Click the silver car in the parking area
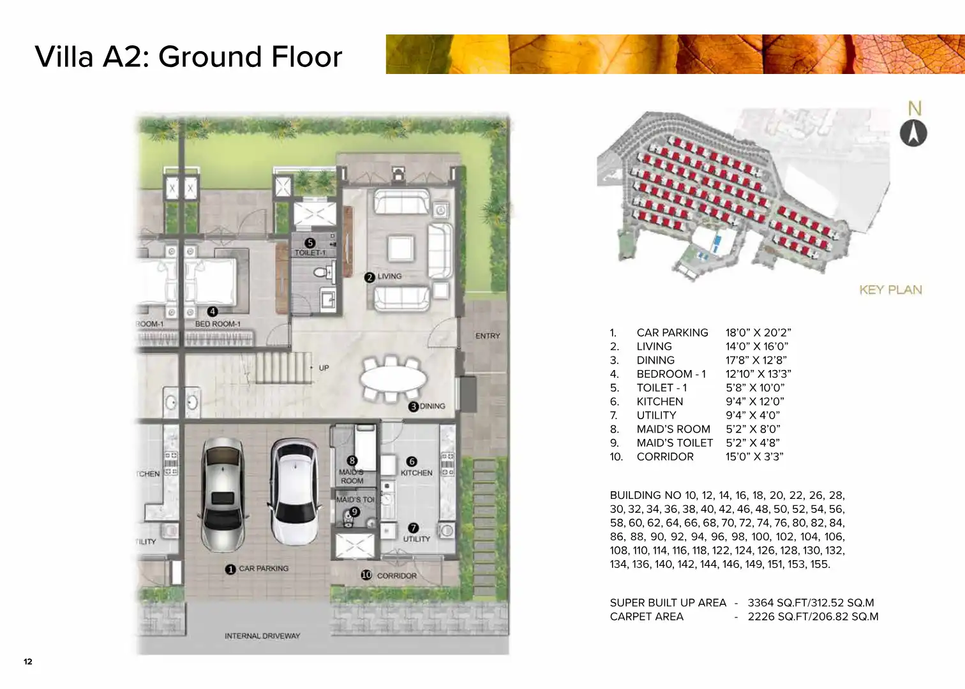coord(223,495)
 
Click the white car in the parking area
coord(295,493)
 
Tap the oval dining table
coord(393,378)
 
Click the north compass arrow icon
coord(913,133)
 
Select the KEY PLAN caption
coord(890,290)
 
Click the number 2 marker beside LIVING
coord(369,278)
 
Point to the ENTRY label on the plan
coord(488,336)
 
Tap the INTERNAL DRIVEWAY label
coord(262,636)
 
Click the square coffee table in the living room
coord(401,248)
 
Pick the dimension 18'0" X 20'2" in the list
coord(758,333)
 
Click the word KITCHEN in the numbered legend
coord(659,402)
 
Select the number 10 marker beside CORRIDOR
coord(366,575)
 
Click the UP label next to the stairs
coord(324,368)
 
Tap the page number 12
coord(28,662)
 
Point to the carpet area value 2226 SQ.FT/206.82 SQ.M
coord(813,617)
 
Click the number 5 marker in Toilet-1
coord(310,243)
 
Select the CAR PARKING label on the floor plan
coord(264,569)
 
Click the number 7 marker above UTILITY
coord(413,528)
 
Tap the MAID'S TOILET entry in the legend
coord(675,443)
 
